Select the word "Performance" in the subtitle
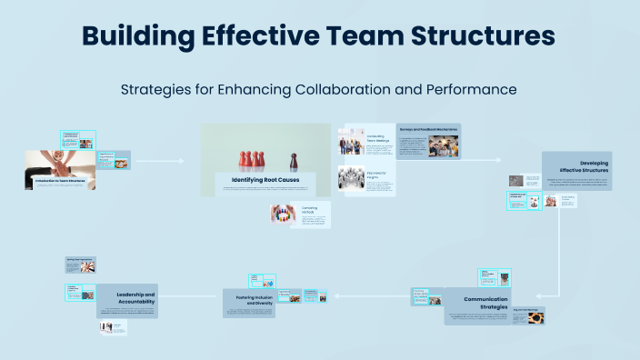[471, 89]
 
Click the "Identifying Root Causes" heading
[265, 180]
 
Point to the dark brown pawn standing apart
[293, 160]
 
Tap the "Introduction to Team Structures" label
[60, 182]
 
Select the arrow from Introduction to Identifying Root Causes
[159, 162]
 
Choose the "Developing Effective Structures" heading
[588, 165]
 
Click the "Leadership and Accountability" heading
[135, 297]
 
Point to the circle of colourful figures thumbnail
[280, 214]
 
